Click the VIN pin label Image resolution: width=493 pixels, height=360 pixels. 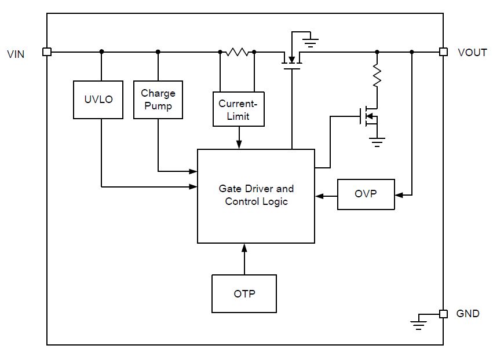(x=16, y=54)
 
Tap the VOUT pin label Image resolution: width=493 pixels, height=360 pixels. (x=472, y=53)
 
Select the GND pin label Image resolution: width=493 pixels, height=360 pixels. (x=468, y=313)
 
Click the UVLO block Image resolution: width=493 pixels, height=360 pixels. (x=98, y=100)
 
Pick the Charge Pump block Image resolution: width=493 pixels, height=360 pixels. (x=158, y=100)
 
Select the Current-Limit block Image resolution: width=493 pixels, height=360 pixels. (x=239, y=109)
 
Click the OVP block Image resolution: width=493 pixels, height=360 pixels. (x=366, y=194)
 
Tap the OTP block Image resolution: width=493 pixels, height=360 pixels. (x=244, y=293)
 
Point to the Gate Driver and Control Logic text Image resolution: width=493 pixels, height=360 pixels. (x=256, y=195)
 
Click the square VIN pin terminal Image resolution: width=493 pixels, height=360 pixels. (x=47, y=52)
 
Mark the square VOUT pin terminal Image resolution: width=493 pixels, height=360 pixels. (x=443, y=52)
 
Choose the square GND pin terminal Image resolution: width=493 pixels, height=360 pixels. (x=443, y=314)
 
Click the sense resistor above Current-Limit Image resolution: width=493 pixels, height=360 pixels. (x=237, y=52)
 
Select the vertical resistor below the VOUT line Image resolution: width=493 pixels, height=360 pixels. (x=377, y=75)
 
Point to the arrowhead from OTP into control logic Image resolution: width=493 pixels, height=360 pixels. (x=244, y=248)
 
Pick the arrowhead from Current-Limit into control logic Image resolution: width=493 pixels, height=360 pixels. (x=239, y=145)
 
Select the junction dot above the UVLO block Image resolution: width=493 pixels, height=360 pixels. (x=101, y=52)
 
